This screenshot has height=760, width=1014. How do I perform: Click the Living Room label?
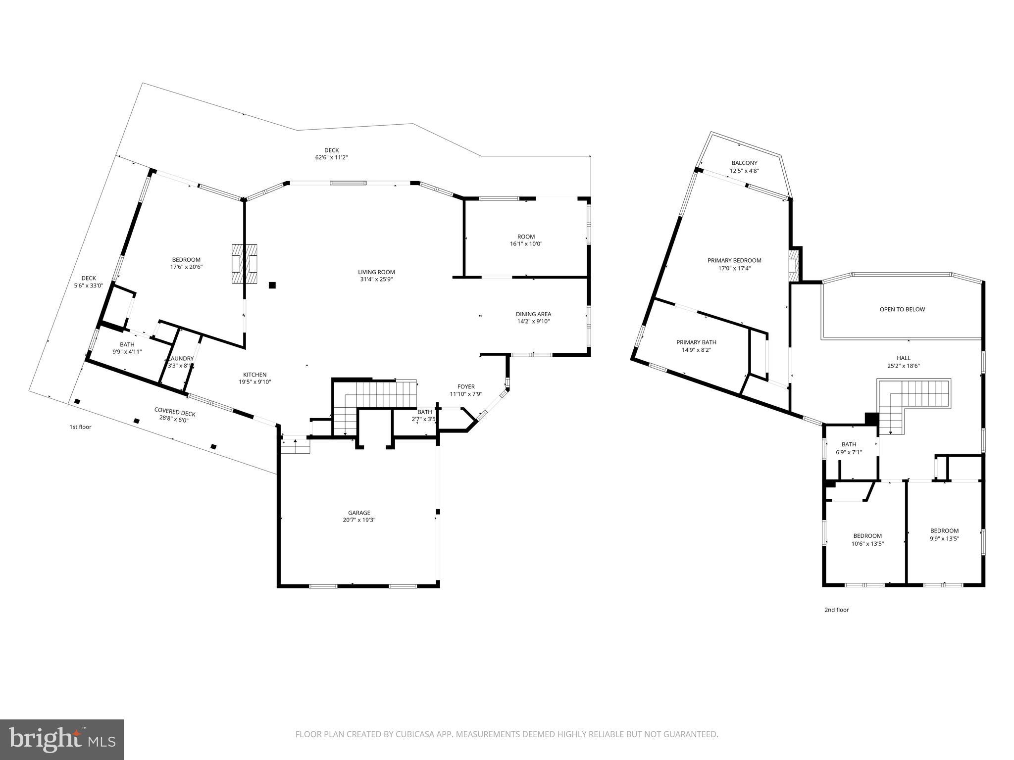pos(376,272)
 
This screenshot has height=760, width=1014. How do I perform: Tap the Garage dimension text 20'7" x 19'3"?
pos(359,520)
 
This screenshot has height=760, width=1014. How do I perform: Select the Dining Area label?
pos(533,314)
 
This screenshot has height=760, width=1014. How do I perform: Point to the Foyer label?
pos(465,387)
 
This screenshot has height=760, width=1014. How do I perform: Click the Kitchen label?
pos(254,375)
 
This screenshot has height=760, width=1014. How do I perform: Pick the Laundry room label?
pos(181,359)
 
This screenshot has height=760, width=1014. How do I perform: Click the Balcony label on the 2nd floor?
pos(744,163)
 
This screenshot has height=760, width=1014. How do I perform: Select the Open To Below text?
pos(902,309)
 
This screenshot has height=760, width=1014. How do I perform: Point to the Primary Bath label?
pos(696,342)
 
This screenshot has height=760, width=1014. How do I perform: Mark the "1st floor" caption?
pos(80,427)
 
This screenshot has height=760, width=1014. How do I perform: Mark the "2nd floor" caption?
pos(836,610)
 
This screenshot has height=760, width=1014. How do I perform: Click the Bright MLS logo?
pos(62,739)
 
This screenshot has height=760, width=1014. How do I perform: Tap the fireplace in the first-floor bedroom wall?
pos(245,264)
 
